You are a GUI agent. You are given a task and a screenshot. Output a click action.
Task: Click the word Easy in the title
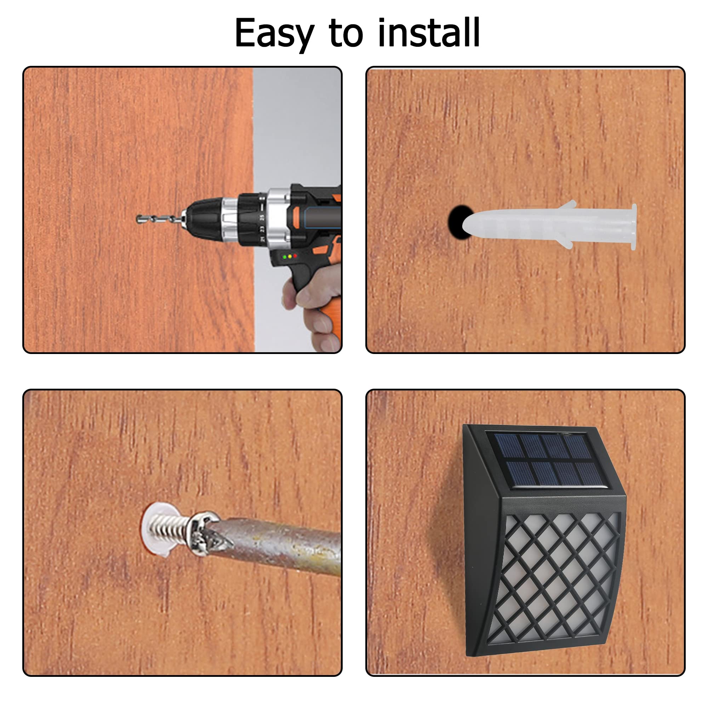pyautogui.click(x=274, y=34)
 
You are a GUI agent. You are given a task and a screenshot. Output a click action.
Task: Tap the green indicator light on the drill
pyautogui.click(x=285, y=257)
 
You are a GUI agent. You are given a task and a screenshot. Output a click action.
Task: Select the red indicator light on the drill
pyautogui.click(x=295, y=256)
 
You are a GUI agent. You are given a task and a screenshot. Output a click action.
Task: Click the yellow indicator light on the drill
pyautogui.click(x=290, y=256)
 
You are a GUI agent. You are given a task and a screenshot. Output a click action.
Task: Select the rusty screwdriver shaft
pyautogui.click(x=279, y=546)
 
